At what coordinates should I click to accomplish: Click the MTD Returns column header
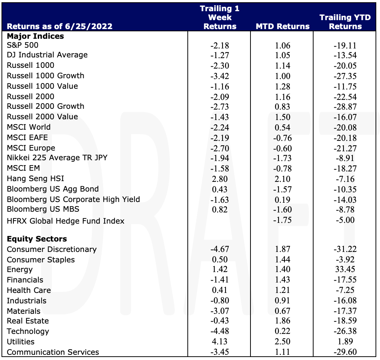click(283, 26)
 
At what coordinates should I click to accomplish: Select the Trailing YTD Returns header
click(345, 22)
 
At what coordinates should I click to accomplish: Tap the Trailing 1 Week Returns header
click(220, 18)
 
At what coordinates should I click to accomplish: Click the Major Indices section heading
click(35, 36)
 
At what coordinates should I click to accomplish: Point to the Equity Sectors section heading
click(37, 239)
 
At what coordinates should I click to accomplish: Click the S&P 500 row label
click(22, 45)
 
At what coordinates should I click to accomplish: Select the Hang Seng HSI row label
click(35, 179)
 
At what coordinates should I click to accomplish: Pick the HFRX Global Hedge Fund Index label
click(65, 221)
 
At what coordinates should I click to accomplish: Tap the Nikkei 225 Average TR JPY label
click(57, 158)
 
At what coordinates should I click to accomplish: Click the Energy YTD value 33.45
click(345, 269)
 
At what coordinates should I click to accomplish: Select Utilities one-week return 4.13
click(220, 341)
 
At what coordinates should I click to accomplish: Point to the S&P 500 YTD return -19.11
click(345, 45)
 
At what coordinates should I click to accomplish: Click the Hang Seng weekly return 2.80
click(220, 179)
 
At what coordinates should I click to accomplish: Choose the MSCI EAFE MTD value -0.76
click(283, 138)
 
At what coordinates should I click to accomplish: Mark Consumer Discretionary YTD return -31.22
click(345, 249)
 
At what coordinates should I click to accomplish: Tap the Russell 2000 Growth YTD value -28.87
click(345, 107)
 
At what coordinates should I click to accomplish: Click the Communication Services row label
click(53, 352)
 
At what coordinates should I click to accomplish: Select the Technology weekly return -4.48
click(220, 331)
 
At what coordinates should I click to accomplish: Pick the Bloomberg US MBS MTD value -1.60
click(283, 209)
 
